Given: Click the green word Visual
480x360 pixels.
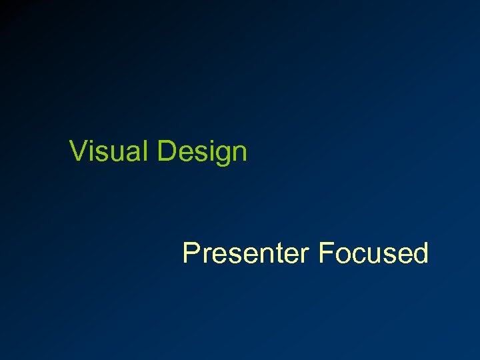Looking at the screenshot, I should (x=111, y=151).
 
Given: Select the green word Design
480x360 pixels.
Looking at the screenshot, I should (x=203, y=152).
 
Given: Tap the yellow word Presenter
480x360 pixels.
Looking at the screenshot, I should (x=246, y=253).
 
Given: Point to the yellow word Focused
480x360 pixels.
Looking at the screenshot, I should (x=373, y=253).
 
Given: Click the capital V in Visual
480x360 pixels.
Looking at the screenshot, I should (x=78, y=151).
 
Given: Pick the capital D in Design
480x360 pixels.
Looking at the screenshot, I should (x=167, y=151).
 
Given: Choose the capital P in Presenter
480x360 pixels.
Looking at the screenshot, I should (x=191, y=253).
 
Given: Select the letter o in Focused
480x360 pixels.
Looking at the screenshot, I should (x=342, y=255).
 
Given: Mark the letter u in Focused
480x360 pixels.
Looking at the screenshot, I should (x=372, y=255).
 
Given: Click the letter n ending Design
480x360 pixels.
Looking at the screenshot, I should (x=239, y=153).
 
